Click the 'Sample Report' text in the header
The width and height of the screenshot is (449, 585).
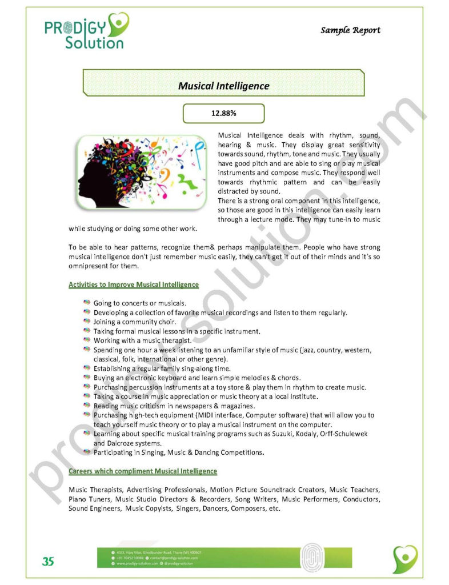[350, 30]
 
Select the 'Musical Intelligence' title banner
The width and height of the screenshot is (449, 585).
[223, 86]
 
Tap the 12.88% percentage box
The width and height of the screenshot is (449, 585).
[223, 113]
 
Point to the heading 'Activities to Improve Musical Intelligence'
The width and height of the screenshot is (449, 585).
[134, 285]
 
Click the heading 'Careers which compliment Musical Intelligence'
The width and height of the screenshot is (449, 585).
[143, 471]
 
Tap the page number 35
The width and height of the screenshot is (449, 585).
[48, 562]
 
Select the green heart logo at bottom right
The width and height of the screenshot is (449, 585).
[405, 559]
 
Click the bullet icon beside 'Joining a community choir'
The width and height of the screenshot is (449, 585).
[87, 322]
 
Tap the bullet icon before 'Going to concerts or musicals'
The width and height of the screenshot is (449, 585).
[87, 303]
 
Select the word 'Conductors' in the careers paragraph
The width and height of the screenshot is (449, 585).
[361, 499]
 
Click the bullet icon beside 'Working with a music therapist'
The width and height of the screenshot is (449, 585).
[87, 340]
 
